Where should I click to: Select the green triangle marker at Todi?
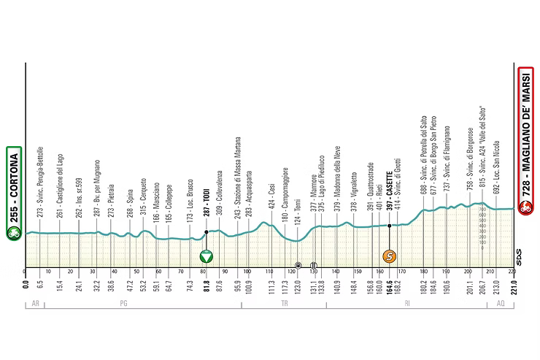click(207, 256)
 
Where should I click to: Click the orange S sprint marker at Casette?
click(390, 256)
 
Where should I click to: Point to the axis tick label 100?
click(247, 272)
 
